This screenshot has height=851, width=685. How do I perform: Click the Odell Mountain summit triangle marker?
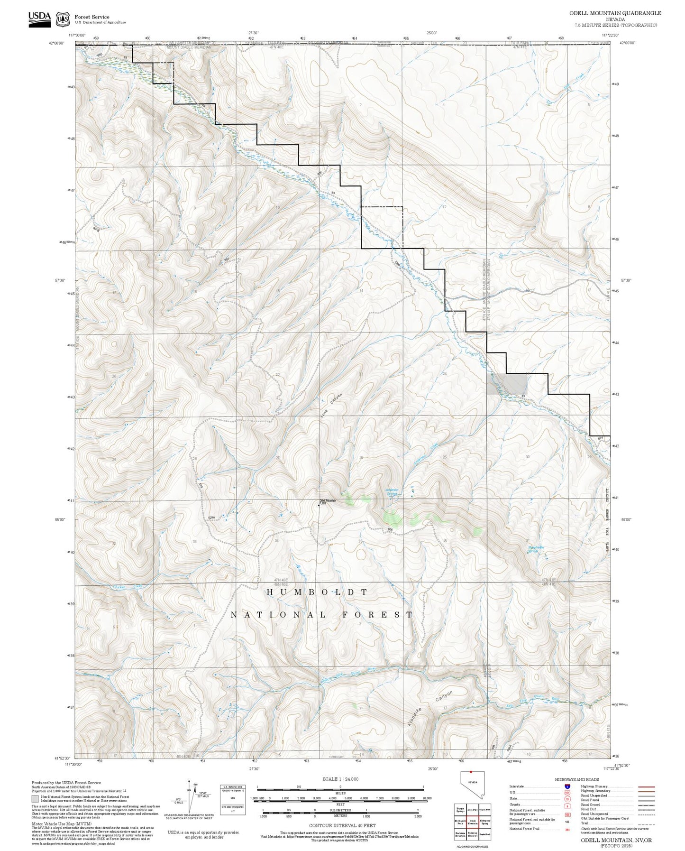pos(319,505)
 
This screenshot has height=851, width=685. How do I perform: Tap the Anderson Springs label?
pos(392,492)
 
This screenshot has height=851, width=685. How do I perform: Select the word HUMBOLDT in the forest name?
pos(317,592)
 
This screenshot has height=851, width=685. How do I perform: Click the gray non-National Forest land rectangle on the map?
pos(507,384)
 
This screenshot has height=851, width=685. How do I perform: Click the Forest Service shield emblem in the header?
pos(63,19)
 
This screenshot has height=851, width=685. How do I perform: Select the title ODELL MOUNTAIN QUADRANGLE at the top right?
pos(615,13)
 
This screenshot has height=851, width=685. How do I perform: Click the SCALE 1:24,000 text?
pos(340,779)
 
